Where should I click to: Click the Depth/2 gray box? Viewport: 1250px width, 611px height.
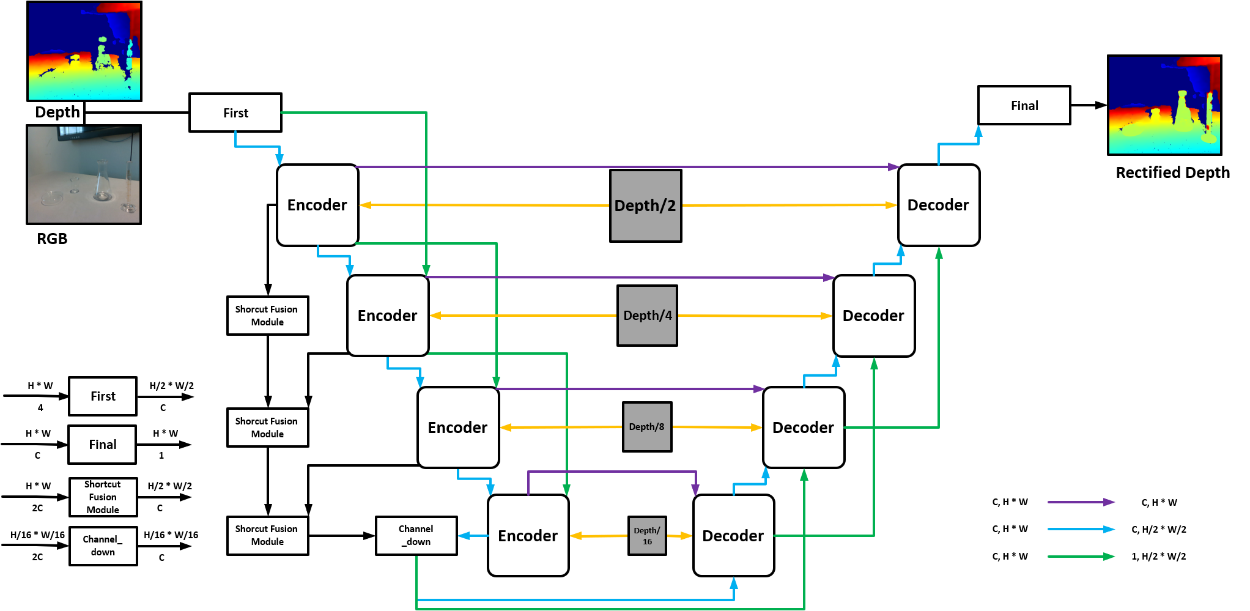pyautogui.click(x=645, y=206)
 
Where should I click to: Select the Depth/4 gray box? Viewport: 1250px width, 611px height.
pyautogui.click(x=647, y=316)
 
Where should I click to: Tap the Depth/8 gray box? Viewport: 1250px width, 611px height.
pyautogui.click(x=647, y=427)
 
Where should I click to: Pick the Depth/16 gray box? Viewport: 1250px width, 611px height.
pyautogui.click(x=647, y=536)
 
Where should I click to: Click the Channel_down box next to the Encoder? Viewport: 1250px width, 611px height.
pyautogui.click(x=416, y=535)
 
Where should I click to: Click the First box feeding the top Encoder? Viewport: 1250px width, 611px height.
pyautogui.click(x=235, y=113)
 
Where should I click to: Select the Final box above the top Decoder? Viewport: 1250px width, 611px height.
pyautogui.click(x=1024, y=105)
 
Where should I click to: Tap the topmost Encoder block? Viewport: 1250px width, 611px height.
pyautogui.click(x=317, y=205)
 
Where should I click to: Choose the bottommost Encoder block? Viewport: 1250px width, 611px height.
pyautogui.click(x=528, y=535)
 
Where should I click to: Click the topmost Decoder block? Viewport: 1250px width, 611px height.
pyautogui.click(x=938, y=205)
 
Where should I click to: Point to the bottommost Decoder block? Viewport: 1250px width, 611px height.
pyautogui.click(x=733, y=535)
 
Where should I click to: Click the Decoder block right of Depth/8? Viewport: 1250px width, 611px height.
pyautogui.click(x=803, y=428)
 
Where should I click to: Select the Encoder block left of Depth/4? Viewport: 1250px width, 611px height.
pyautogui.click(x=388, y=316)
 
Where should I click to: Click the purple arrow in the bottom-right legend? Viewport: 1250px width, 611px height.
pyautogui.click(x=1081, y=502)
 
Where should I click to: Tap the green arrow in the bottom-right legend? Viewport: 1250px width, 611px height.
pyautogui.click(x=1081, y=557)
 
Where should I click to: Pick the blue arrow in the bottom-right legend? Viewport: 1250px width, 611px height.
pyautogui.click(x=1081, y=529)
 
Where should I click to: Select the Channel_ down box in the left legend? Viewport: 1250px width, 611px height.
pyautogui.click(x=103, y=546)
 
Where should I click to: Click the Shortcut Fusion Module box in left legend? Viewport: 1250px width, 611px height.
pyautogui.click(x=103, y=497)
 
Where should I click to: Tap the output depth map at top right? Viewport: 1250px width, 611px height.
pyautogui.click(x=1164, y=105)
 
